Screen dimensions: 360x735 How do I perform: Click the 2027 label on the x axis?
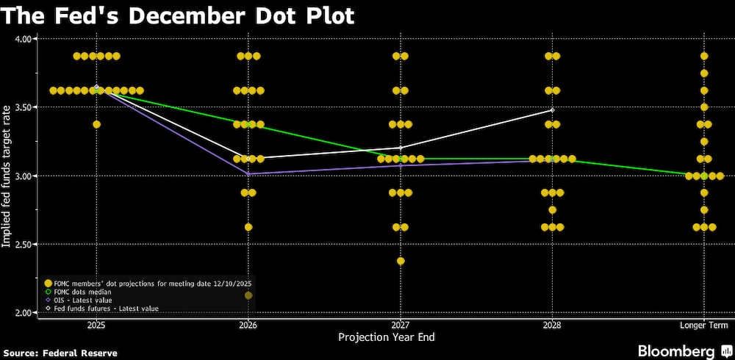point(401,324)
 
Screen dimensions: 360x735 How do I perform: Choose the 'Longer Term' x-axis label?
point(703,324)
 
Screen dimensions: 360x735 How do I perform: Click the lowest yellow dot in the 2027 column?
point(401,261)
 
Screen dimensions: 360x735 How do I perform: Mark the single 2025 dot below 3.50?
point(96,124)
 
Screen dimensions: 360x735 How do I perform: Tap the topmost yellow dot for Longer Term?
point(704,56)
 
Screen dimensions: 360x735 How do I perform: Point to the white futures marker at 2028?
point(552,110)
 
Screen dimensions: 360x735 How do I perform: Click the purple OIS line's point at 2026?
point(248,174)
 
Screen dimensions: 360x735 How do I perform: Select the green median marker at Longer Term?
point(704,176)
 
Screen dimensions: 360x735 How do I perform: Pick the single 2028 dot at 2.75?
point(552,210)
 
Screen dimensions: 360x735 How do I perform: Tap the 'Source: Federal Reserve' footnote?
point(59,353)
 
